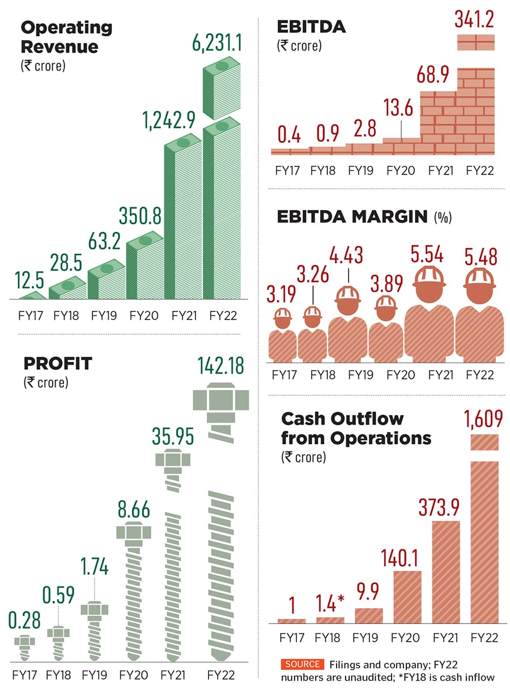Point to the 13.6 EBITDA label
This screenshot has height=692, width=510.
399,108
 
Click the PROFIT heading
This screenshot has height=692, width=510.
57,363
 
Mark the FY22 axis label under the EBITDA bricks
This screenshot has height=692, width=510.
478,170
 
